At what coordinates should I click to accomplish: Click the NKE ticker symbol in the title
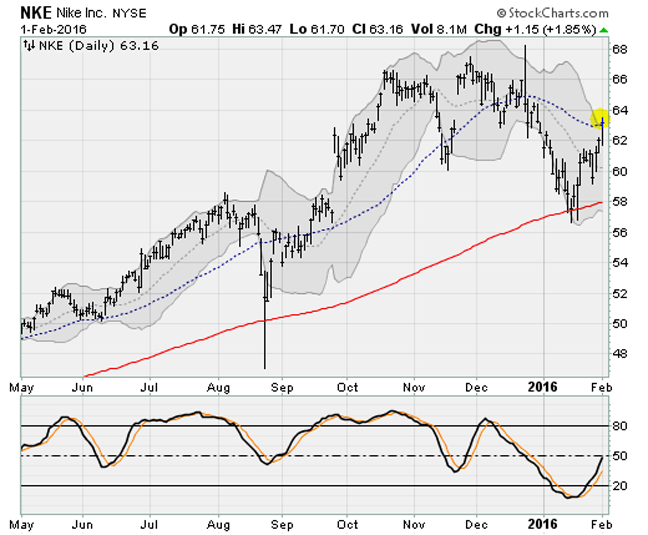click(x=36, y=13)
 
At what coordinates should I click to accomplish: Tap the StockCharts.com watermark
click(x=552, y=13)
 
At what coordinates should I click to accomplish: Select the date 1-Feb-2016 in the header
click(x=53, y=30)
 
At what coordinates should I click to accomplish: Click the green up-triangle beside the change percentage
click(x=604, y=31)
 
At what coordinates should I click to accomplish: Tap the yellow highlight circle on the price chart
click(x=600, y=118)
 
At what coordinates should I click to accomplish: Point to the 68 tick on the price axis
click(x=620, y=49)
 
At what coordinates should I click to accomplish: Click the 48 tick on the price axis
click(x=620, y=354)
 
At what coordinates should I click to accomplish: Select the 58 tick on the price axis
click(x=620, y=202)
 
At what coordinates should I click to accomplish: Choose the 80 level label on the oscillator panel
click(x=620, y=425)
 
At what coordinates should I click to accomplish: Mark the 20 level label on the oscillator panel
click(x=620, y=486)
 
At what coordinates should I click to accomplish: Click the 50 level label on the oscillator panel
click(x=620, y=456)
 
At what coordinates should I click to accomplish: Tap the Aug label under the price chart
click(x=219, y=387)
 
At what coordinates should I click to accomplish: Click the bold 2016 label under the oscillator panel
click(x=543, y=524)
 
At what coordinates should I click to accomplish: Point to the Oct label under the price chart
click(x=347, y=387)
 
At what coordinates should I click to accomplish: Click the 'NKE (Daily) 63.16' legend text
click(x=99, y=46)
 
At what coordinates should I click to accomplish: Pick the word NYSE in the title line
click(x=129, y=13)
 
